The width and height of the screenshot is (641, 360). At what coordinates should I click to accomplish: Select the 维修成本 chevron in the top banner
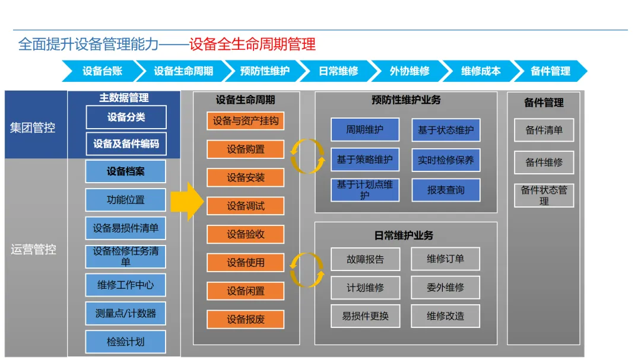[x=481, y=71]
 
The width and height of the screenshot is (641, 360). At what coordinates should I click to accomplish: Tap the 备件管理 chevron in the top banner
[x=550, y=71]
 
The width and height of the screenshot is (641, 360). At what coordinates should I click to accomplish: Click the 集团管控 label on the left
[x=33, y=128]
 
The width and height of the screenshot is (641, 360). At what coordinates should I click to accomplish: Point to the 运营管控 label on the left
[x=33, y=250]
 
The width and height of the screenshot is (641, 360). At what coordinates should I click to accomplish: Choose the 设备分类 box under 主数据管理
[x=126, y=117]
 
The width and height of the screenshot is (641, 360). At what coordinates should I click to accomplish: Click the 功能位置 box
[x=125, y=200]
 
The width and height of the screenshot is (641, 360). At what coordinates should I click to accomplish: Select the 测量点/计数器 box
[x=125, y=313]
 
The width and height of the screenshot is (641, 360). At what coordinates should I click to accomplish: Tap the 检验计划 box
[x=125, y=342]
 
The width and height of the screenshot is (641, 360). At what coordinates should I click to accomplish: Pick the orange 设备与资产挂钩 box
[x=246, y=121]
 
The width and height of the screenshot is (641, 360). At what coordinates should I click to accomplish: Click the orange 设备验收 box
[x=246, y=234]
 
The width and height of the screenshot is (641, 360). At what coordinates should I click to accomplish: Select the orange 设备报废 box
[x=246, y=319]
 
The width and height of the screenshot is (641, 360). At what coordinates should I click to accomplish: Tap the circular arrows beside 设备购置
[x=307, y=156]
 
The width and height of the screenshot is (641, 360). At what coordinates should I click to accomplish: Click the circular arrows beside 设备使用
[x=307, y=270]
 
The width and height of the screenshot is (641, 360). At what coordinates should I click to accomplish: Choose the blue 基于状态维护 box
[x=446, y=130]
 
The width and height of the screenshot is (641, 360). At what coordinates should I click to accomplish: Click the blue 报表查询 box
[x=446, y=190]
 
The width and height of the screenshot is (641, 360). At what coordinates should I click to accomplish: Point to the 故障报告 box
[x=365, y=259]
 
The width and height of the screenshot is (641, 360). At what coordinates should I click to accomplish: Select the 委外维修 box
[x=445, y=288]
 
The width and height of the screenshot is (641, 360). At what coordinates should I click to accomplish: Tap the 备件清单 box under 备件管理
[x=544, y=130]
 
